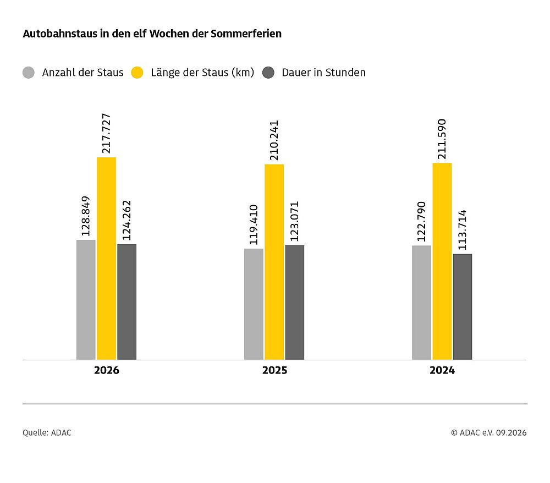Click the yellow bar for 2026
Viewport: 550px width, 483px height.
tap(106, 259)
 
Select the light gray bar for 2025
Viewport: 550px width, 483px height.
tap(254, 304)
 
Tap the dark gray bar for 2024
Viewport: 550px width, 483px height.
tap(463, 307)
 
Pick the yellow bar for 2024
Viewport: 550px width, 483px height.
tap(442, 261)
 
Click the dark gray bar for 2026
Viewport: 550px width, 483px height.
tap(127, 302)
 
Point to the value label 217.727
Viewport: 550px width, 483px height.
tap(106, 133)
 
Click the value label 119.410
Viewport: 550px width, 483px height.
tap(254, 225)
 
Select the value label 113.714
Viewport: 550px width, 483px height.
tap(463, 230)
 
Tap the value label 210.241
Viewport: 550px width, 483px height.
tap(274, 140)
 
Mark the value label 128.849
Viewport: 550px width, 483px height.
tap(86, 216)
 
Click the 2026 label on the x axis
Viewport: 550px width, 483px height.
tap(107, 370)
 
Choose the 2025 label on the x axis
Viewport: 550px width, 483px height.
tap(274, 370)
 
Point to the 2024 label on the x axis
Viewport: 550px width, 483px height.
tap(442, 370)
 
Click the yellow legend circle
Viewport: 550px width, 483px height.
tap(137, 73)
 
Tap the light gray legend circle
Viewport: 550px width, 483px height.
tap(29, 73)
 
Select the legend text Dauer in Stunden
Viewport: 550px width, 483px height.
tap(324, 72)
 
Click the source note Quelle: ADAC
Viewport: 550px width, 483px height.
tap(47, 433)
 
